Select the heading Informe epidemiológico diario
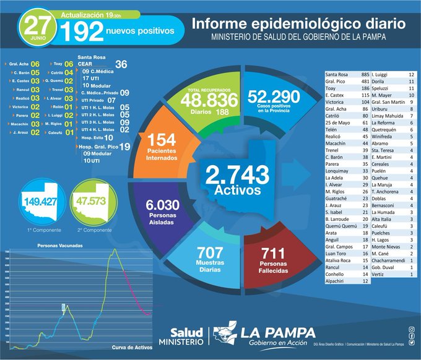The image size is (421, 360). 298,24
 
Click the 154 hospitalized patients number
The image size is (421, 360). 162,140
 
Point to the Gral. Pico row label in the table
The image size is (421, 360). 337,82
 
